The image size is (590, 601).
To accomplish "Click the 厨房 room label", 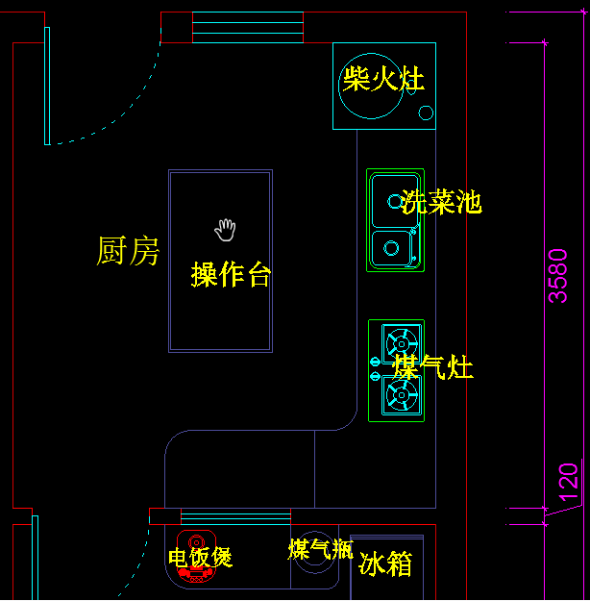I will coord(128,251).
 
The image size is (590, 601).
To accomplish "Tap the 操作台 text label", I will coord(231,274).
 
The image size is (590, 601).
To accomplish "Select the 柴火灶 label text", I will coord(383,79).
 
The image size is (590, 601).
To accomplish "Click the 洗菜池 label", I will coord(441,202).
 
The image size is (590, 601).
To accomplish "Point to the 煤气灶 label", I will coord(433,366).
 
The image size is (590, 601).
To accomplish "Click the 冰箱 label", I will coord(385,564).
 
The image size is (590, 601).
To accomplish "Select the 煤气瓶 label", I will coord(320,549).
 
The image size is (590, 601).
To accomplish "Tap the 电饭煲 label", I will coord(200,557).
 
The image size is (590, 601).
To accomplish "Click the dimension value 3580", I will coord(558,276).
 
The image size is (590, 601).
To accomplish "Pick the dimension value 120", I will coord(569,482).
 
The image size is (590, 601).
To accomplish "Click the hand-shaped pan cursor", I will coord(225,229).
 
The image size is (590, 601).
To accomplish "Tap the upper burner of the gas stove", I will coord(401,342).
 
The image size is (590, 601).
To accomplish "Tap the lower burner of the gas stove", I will coord(401,394).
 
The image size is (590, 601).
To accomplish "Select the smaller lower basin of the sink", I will coord(391,248).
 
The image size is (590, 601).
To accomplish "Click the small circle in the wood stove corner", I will coord(426,113).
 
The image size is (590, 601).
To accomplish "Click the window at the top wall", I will coord(248,27).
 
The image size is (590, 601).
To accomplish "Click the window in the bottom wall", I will coord(235,517).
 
